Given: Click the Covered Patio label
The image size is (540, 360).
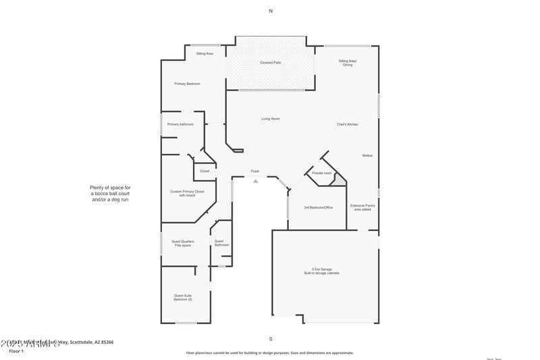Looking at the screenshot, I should coord(271,63).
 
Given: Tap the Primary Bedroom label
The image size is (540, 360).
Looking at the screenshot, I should coord(187,84).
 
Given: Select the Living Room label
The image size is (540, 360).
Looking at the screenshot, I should coord(271,119).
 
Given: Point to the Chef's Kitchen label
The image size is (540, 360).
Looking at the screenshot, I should coord(348,124).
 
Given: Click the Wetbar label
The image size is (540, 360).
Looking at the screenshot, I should coord(367,155).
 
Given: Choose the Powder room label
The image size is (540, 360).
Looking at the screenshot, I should coord(322,174).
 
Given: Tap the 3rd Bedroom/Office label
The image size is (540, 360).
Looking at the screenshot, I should coord(318,207).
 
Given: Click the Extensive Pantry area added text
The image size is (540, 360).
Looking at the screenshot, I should coord(362,207).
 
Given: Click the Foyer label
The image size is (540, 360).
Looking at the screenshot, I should coord(255,171).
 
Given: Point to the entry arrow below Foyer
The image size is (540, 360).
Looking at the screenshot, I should coord(255,180).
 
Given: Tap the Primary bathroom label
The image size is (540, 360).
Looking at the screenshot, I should coord(180,124).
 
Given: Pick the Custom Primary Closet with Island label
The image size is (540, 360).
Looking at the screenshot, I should coord(187,193).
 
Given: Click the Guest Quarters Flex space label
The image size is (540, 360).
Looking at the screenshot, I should coord(183,243).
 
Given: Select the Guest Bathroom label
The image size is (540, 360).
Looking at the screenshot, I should coord(221,243).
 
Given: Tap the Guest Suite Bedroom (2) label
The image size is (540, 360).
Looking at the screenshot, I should coord(183,297).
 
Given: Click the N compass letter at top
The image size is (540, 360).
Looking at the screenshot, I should coord(271,11).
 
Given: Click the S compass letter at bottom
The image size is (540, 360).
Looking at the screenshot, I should coord(271,338).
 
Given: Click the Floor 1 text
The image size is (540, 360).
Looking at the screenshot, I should coord(16,351).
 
